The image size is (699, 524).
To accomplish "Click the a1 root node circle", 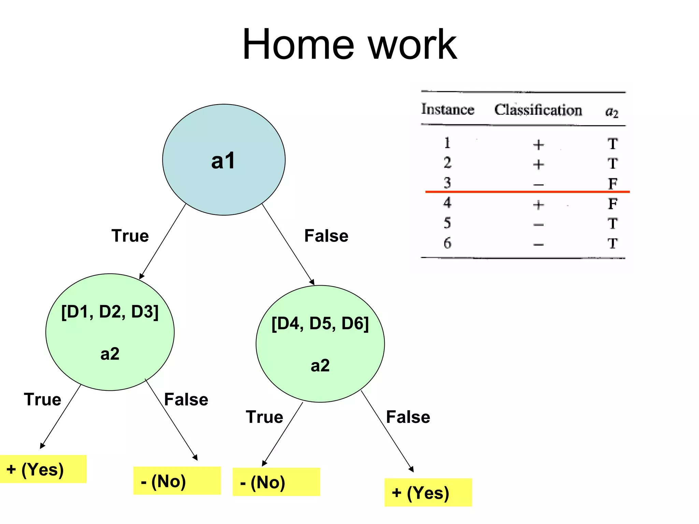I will click(x=224, y=160).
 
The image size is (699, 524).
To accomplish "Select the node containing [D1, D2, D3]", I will click(x=110, y=332).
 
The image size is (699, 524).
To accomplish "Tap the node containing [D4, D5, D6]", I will click(x=320, y=344).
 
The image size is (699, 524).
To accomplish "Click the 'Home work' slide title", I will click(x=349, y=44).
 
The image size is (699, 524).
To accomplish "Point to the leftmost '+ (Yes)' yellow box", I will click(x=43, y=469).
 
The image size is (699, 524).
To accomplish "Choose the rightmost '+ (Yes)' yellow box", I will click(x=428, y=493).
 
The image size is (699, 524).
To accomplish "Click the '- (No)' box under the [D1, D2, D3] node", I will click(x=177, y=481).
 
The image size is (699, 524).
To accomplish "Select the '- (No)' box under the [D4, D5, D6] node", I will click(x=276, y=482).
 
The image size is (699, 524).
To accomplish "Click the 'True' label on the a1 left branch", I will click(x=130, y=236).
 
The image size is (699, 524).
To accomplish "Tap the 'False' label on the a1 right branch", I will click(x=326, y=236).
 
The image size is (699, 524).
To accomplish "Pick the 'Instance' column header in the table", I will click(x=447, y=109).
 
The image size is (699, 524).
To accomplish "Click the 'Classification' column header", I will click(x=538, y=110).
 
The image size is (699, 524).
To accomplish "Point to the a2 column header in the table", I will click(x=612, y=112).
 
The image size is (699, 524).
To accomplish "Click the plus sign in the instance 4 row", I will click(x=538, y=205).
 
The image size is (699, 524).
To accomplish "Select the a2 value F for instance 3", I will click(x=613, y=183).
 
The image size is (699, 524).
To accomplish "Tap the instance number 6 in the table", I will click(x=447, y=243).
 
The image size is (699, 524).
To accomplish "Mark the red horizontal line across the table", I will click(x=527, y=192).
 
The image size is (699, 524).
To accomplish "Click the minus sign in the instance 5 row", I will click(x=538, y=225).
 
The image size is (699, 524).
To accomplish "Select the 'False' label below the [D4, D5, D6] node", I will click(x=408, y=417).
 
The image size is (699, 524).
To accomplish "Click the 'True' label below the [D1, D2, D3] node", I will click(x=43, y=399).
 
